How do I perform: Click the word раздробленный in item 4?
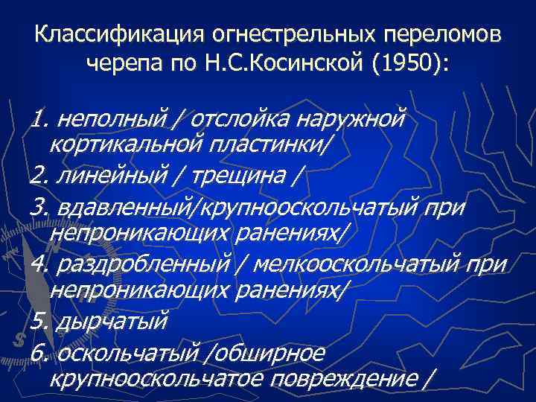pyautogui.click(x=141, y=265)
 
